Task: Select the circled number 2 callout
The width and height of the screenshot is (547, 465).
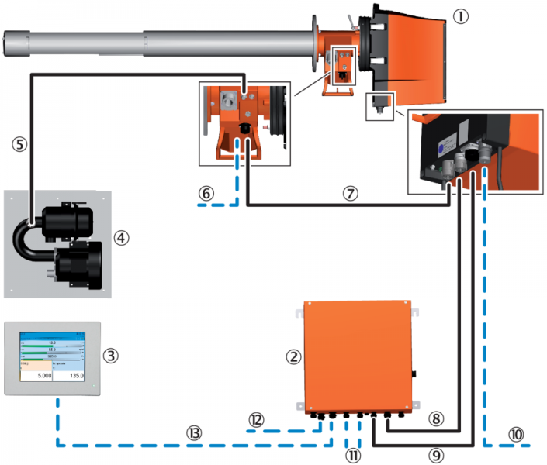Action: tap(293, 356)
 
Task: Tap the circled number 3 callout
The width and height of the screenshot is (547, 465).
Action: tap(112, 356)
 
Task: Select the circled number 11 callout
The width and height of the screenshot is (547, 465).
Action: tap(353, 453)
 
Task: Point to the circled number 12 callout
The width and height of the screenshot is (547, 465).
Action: tap(257, 418)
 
